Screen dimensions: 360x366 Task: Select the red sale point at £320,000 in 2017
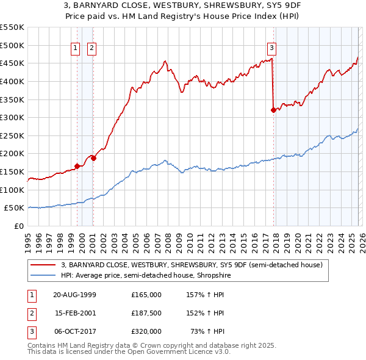click(273, 110)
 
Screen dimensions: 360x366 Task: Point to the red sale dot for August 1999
click(77, 166)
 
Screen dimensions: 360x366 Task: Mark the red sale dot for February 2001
click(93, 158)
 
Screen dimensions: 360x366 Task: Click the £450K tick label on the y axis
click(12, 63)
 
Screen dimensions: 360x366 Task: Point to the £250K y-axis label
click(12, 135)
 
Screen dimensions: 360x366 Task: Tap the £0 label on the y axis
click(18, 226)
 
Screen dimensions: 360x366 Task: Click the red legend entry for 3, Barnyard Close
click(195, 265)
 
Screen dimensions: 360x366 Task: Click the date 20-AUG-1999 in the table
click(74, 295)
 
